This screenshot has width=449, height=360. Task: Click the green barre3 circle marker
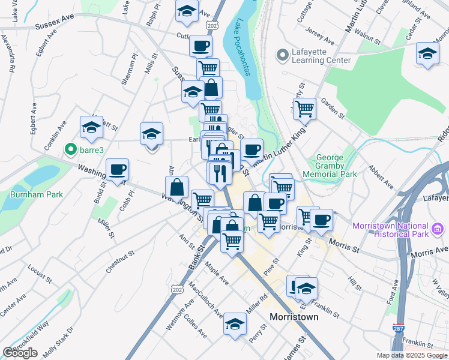click(71, 149)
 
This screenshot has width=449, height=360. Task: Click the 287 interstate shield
click(398, 328)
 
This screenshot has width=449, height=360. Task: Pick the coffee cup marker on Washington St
click(117, 169)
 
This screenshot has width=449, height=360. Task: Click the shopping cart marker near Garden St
click(304, 109)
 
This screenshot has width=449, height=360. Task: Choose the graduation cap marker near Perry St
click(234, 325)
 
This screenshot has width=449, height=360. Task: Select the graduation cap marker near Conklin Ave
click(91, 127)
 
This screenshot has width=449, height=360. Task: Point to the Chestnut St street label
click(119, 262)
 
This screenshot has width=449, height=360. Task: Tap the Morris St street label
click(344, 246)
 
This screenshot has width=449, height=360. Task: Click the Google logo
click(20, 353)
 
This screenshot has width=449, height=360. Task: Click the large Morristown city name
click(294, 316)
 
